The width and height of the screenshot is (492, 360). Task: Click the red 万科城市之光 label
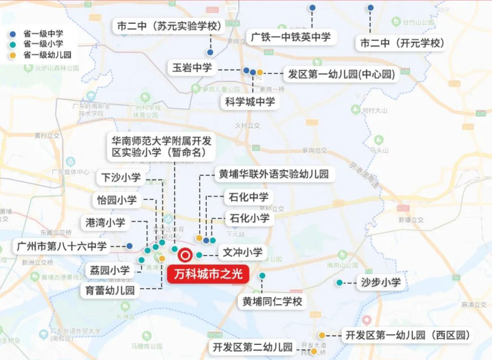pos(208,274)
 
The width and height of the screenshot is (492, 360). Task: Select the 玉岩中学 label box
pos(192,68)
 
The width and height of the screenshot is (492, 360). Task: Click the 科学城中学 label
pos(250,102)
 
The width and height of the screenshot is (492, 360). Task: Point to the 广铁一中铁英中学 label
pos(291,37)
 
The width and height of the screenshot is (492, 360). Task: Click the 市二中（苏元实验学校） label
pos(169,26)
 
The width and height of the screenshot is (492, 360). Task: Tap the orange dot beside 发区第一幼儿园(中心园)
pos(260,72)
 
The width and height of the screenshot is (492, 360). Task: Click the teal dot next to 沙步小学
pos(339,283)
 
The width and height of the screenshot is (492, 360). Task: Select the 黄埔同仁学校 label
pos(272,301)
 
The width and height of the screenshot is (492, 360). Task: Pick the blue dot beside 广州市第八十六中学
pos(129,246)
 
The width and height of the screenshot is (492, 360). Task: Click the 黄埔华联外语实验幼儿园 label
pos(274,174)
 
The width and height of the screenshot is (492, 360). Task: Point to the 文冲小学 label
pos(242,252)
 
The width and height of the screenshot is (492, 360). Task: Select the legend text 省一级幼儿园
pos(47,55)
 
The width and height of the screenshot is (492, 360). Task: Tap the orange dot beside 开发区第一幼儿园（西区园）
pos(322,335)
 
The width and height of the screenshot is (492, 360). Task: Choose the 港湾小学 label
pos(105,222)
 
